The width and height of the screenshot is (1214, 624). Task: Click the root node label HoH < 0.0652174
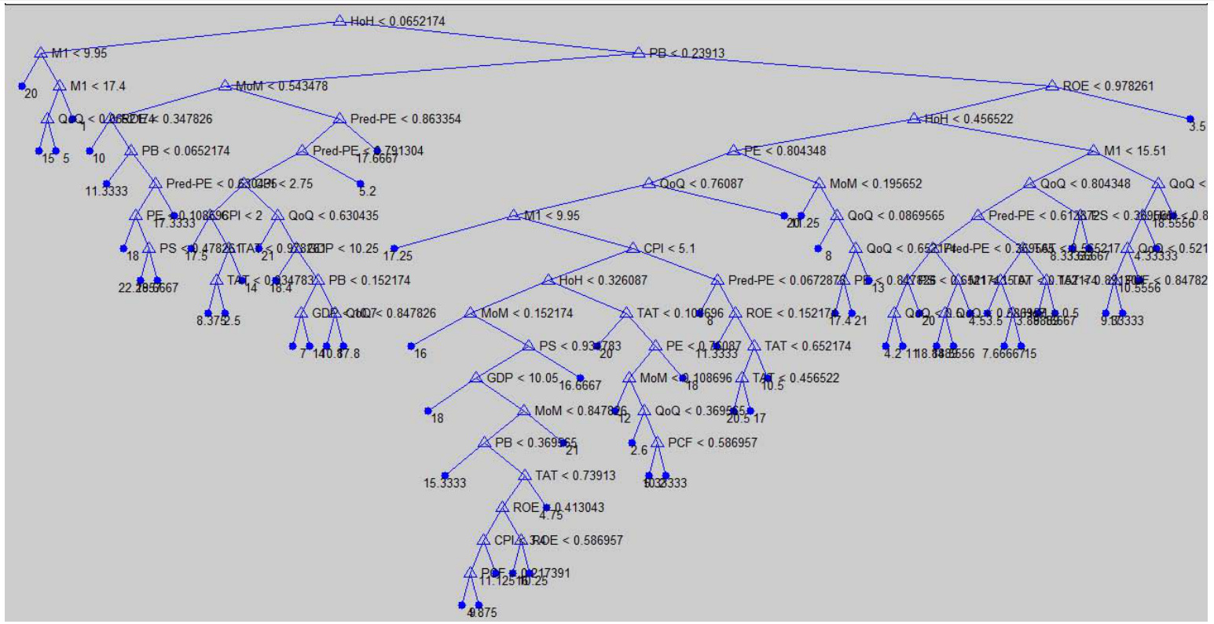click(398, 21)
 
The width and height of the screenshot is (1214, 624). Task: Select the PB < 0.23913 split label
click(687, 53)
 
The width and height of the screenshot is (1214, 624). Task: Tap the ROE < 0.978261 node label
click(1108, 86)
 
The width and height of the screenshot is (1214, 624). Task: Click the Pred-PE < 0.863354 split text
click(405, 119)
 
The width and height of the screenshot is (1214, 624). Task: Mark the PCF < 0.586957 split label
click(713, 443)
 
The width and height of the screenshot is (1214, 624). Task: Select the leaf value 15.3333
click(445, 484)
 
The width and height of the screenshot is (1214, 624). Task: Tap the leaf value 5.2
click(367, 191)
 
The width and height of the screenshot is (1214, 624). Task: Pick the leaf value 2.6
click(638, 451)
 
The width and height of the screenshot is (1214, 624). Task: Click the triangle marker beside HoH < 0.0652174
click(339, 20)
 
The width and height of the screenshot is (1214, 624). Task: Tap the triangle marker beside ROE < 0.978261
click(1052, 86)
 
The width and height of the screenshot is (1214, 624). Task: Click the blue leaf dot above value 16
click(411, 345)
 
